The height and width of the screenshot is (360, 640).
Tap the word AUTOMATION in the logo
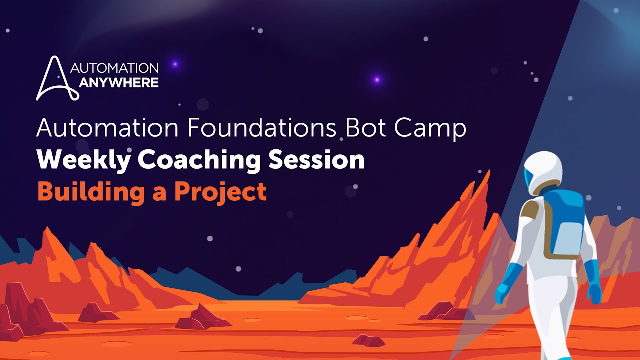pos(115,68)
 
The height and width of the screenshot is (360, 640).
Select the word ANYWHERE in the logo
pos(119,82)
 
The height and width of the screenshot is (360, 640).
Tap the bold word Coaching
pos(199,160)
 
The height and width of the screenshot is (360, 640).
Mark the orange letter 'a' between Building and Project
pos(159,193)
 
